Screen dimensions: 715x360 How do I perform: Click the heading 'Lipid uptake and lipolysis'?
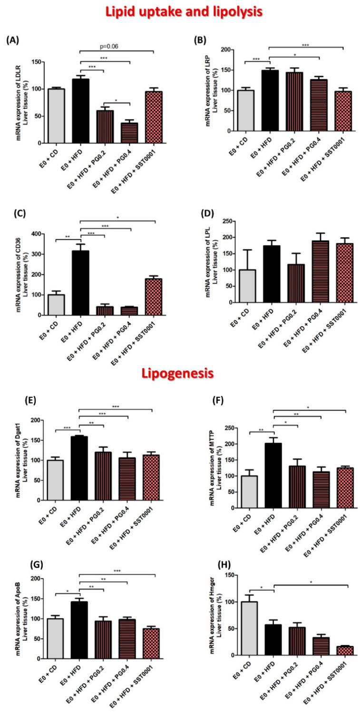pyautogui.click(x=180, y=10)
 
